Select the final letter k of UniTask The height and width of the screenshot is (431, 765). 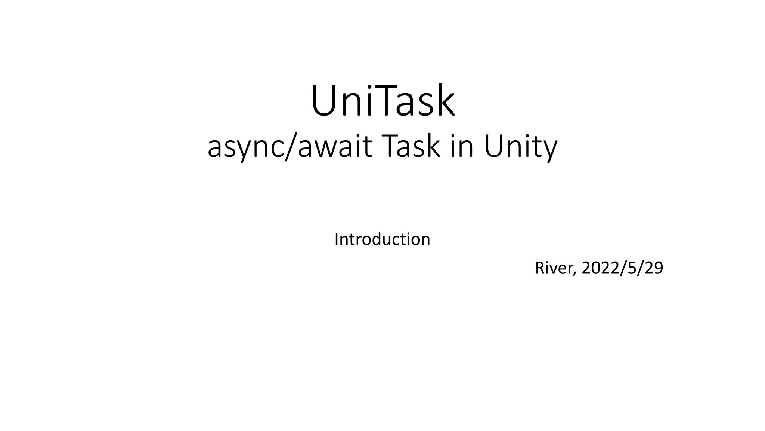446,101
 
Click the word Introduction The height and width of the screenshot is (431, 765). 382,239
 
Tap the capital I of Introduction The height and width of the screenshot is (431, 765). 337,239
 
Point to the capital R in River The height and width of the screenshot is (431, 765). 539,268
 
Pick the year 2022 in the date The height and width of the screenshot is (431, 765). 600,268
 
